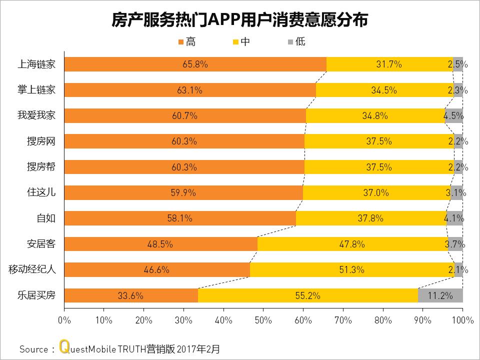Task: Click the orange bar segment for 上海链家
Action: [195, 64]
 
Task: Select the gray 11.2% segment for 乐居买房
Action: [440, 295]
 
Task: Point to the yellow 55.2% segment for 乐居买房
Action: [307, 295]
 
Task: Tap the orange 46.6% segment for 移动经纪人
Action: [156, 270]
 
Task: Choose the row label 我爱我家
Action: [36, 116]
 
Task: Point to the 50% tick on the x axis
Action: [263, 319]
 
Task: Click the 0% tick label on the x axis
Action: [64, 319]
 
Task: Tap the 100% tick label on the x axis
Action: [462, 319]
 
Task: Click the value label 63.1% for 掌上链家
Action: [190, 90]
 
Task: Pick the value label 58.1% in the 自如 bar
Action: [180, 218]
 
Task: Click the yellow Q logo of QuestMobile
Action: [63, 347]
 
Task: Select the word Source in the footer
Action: [33, 348]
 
